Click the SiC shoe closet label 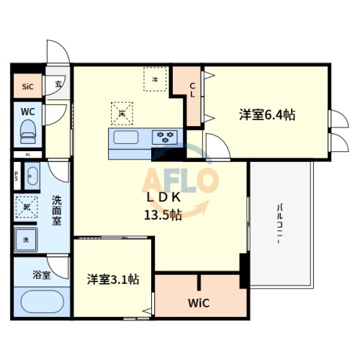tap(27, 87)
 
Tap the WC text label tap(27, 112)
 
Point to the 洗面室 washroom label tap(56, 211)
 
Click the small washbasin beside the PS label tap(33, 174)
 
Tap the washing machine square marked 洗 tap(26, 239)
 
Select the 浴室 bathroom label tap(42, 274)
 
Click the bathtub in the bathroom tap(41, 301)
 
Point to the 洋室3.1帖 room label tap(113, 279)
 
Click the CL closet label tap(192, 89)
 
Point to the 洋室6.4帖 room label tap(268, 114)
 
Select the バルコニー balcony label tap(279, 224)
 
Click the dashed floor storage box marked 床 tap(122, 112)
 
